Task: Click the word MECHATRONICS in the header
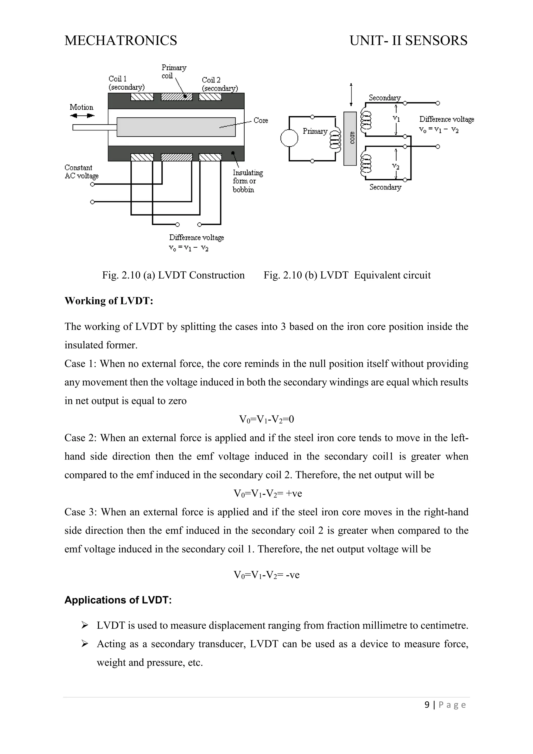click(121, 40)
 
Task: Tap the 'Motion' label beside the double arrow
click(81, 107)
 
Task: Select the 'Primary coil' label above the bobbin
click(174, 72)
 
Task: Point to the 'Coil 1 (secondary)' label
click(126, 83)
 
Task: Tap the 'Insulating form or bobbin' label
click(248, 181)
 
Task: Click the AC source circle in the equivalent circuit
click(289, 138)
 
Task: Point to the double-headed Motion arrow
click(82, 116)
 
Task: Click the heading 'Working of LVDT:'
click(109, 301)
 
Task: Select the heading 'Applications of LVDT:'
click(118, 600)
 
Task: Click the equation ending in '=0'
click(266, 419)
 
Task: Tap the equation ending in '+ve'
click(268, 494)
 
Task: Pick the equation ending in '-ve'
click(266, 575)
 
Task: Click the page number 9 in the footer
click(427, 705)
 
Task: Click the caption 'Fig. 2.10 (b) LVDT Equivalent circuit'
click(347, 275)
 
